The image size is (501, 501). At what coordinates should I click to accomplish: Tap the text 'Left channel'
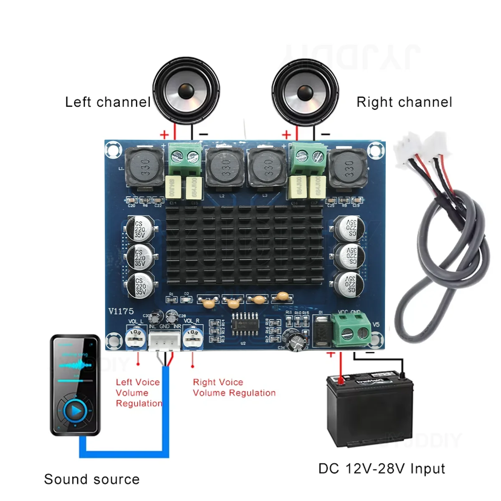pos(108,102)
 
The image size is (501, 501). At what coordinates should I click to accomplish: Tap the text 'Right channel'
pos(404,102)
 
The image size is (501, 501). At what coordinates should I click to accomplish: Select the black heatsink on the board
pos(245,246)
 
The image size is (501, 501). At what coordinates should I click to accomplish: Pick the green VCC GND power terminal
pos(351,329)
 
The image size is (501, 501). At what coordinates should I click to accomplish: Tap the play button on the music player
pos(76,411)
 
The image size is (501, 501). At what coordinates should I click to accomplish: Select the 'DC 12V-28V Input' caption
pos(382,469)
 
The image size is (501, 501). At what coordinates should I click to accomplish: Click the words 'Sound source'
pos(92,479)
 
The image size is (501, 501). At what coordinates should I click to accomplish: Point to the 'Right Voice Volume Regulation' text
pos(234,387)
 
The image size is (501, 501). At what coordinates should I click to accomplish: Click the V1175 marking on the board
pos(121,311)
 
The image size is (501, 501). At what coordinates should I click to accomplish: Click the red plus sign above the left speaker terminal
pos(164,134)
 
